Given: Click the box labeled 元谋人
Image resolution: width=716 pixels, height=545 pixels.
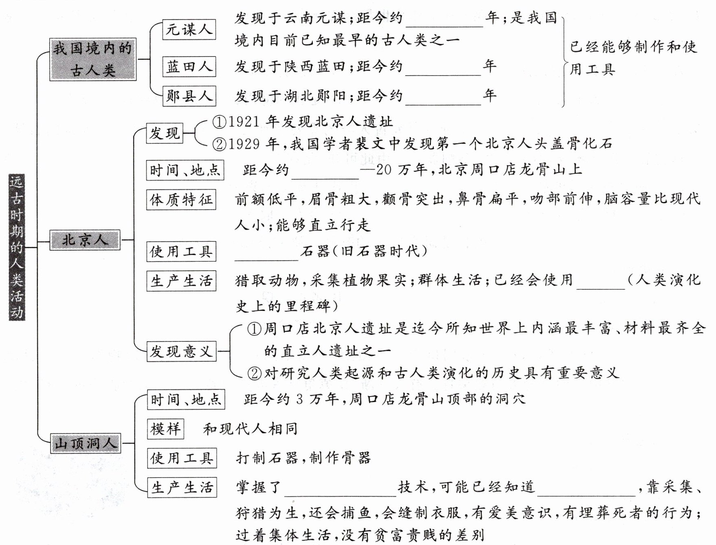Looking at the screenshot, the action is tap(189, 30).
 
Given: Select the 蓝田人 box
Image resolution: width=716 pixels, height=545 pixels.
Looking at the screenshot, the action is tap(189, 67).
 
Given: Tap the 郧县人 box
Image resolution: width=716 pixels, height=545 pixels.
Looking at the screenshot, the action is tap(189, 96).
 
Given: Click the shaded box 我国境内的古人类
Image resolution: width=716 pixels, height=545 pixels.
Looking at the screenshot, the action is tap(93, 59).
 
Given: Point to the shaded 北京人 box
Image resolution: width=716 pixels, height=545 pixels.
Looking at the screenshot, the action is tap(85, 240).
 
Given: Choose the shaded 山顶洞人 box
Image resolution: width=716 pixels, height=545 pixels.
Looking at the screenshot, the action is tap(86, 443).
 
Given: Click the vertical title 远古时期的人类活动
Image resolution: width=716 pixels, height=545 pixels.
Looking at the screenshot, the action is tap(17, 247).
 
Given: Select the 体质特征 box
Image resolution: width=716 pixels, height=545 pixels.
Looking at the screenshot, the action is tap(181, 200).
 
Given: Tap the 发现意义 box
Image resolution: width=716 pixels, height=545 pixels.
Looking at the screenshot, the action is tap(181, 351).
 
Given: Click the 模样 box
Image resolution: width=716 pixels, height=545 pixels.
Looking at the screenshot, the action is tap(165, 429).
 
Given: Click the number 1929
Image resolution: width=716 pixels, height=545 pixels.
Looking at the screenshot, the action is tap(244, 144).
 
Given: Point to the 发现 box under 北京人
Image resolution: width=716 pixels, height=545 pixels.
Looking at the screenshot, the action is tap(165, 133).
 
